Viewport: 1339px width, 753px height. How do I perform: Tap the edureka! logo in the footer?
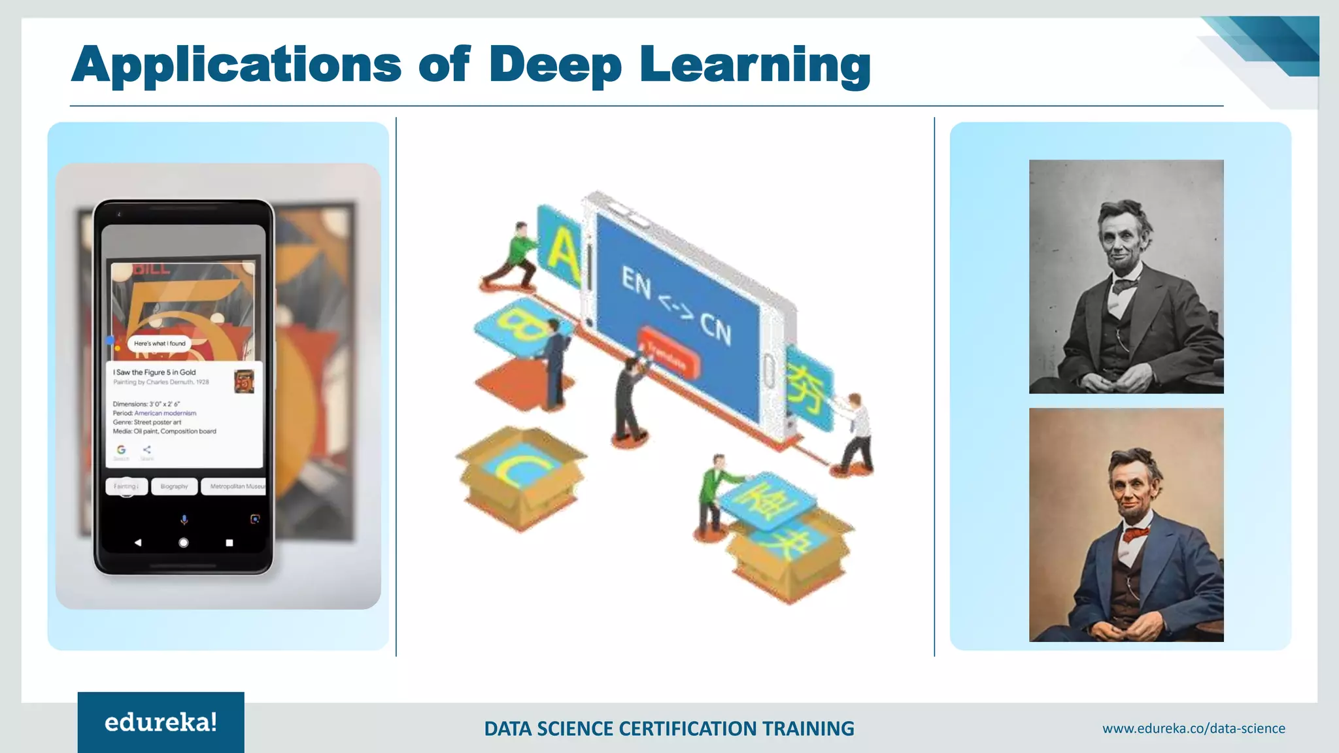(x=161, y=722)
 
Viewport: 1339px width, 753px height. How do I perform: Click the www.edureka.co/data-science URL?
(x=1193, y=728)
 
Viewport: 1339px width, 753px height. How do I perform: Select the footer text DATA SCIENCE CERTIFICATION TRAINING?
(x=669, y=728)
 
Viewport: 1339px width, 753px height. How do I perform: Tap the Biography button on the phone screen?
(x=174, y=486)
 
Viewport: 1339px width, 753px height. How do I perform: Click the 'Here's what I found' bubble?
(x=160, y=343)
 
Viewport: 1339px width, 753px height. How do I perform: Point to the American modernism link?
(x=165, y=413)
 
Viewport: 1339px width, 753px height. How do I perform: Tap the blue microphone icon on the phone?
(x=184, y=519)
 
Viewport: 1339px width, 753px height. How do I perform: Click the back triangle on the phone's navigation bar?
(x=137, y=543)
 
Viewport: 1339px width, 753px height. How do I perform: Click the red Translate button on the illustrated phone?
(x=668, y=353)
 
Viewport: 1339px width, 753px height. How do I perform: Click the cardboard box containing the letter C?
(x=522, y=477)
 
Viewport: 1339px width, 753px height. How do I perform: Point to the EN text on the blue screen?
(x=636, y=282)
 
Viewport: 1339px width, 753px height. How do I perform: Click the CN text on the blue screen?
(x=716, y=328)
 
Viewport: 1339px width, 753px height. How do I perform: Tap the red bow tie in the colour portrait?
(x=1137, y=534)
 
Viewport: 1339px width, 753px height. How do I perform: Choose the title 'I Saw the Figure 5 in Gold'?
(x=154, y=372)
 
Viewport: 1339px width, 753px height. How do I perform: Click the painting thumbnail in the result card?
(x=244, y=381)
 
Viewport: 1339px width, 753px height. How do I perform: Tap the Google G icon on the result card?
(x=121, y=450)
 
